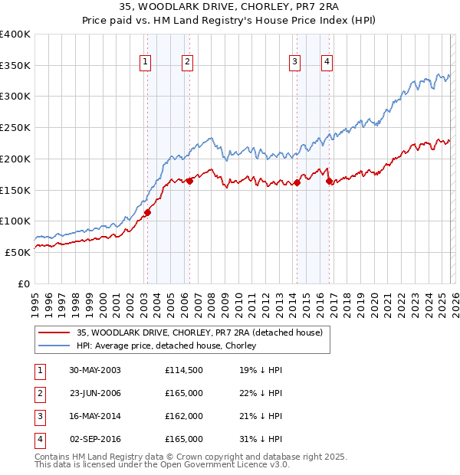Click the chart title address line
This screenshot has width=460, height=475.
pos(230,7)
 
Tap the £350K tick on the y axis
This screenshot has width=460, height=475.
pos(15,66)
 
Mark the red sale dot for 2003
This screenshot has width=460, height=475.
pos(147,212)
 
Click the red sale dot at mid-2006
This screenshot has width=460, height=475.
pos(189,181)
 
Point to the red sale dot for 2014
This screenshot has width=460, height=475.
pos(297,182)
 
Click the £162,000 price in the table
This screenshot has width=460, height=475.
pos(184,416)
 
